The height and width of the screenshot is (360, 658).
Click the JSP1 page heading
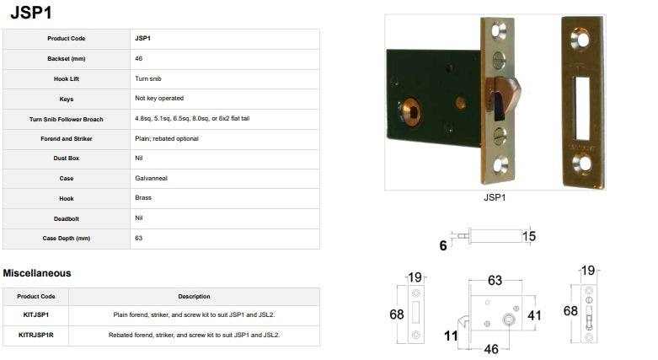[x=31, y=12]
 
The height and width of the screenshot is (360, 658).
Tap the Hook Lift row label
[x=67, y=79]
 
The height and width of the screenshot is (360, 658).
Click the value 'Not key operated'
[x=159, y=99]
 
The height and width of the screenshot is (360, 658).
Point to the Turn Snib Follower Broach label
[x=67, y=120]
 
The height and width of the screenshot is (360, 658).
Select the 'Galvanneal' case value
[x=151, y=178]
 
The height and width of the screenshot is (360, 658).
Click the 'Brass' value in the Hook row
[x=143, y=198]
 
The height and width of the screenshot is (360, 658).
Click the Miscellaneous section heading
[x=37, y=273]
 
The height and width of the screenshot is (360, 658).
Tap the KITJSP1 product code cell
[x=36, y=314]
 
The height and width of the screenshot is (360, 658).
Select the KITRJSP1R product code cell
[x=36, y=336]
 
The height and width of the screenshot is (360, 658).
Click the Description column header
[x=194, y=297]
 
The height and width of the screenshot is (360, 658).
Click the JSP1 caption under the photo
[x=495, y=197]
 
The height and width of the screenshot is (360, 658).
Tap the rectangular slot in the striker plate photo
[x=582, y=109]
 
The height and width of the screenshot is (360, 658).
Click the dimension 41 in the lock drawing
[x=534, y=315]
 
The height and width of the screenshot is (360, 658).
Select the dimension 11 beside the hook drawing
[x=451, y=336]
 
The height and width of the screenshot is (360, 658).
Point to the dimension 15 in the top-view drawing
[x=529, y=237]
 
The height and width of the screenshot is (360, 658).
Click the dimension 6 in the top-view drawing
[x=443, y=245]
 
